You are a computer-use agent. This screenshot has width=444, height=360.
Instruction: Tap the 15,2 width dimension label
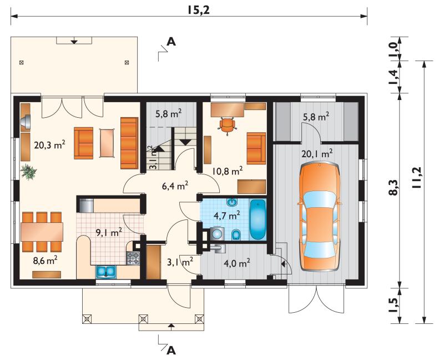(198, 10)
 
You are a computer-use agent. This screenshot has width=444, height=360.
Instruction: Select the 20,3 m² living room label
(50, 146)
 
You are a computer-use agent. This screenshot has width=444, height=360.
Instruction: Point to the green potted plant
(29, 172)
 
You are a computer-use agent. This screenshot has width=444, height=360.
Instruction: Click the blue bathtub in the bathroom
(258, 219)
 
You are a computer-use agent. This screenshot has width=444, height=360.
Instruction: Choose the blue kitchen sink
(106, 271)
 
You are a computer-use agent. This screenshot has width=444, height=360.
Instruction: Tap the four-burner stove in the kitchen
(133, 258)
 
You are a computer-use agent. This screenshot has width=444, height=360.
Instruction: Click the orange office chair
(227, 125)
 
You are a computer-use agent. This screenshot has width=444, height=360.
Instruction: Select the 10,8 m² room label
(228, 172)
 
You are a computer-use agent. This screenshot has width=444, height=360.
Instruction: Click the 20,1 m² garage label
(317, 154)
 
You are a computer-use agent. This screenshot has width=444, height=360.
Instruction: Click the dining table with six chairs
(42, 232)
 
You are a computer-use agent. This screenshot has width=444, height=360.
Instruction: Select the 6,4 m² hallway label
(175, 186)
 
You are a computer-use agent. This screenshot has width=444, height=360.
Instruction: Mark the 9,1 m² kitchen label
(109, 233)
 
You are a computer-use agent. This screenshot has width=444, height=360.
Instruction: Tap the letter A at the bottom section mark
(171, 351)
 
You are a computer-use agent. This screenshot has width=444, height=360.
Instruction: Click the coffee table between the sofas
(107, 143)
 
